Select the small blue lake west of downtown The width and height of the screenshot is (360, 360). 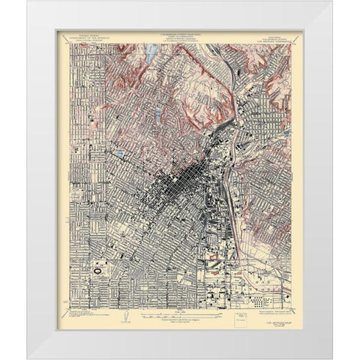click(x=121, y=154)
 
